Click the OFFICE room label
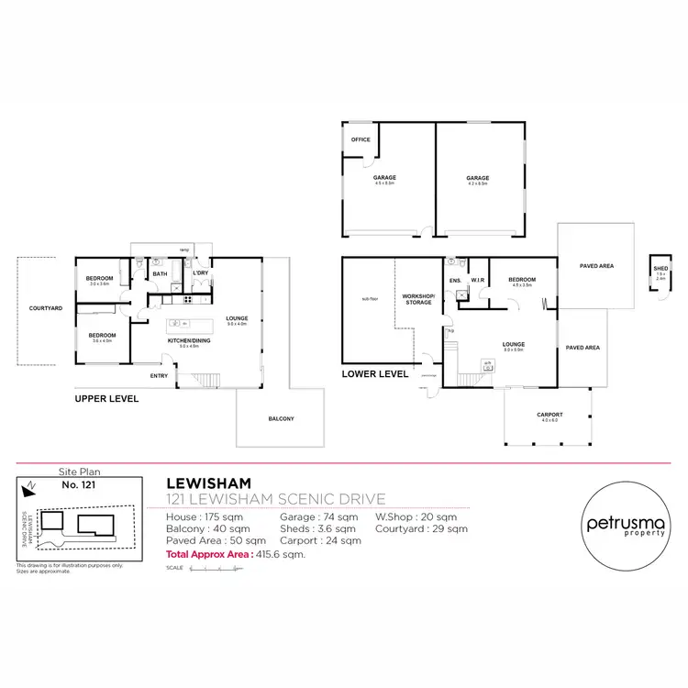tap(360, 140)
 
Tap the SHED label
tap(660, 269)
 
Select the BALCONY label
tap(282, 418)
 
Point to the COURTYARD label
tap(45, 309)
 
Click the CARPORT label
tap(549, 414)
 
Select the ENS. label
tap(454, 280)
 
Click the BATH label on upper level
tap(160, 273)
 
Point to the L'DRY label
tap(199, 272)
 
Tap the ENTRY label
tap(160, 375)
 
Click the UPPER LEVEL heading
tap(106, 399)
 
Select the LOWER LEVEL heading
tap(374, 374)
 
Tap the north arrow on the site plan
tap(30, 486)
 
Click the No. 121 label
tap(78, 483)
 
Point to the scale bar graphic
tap(216, 569)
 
